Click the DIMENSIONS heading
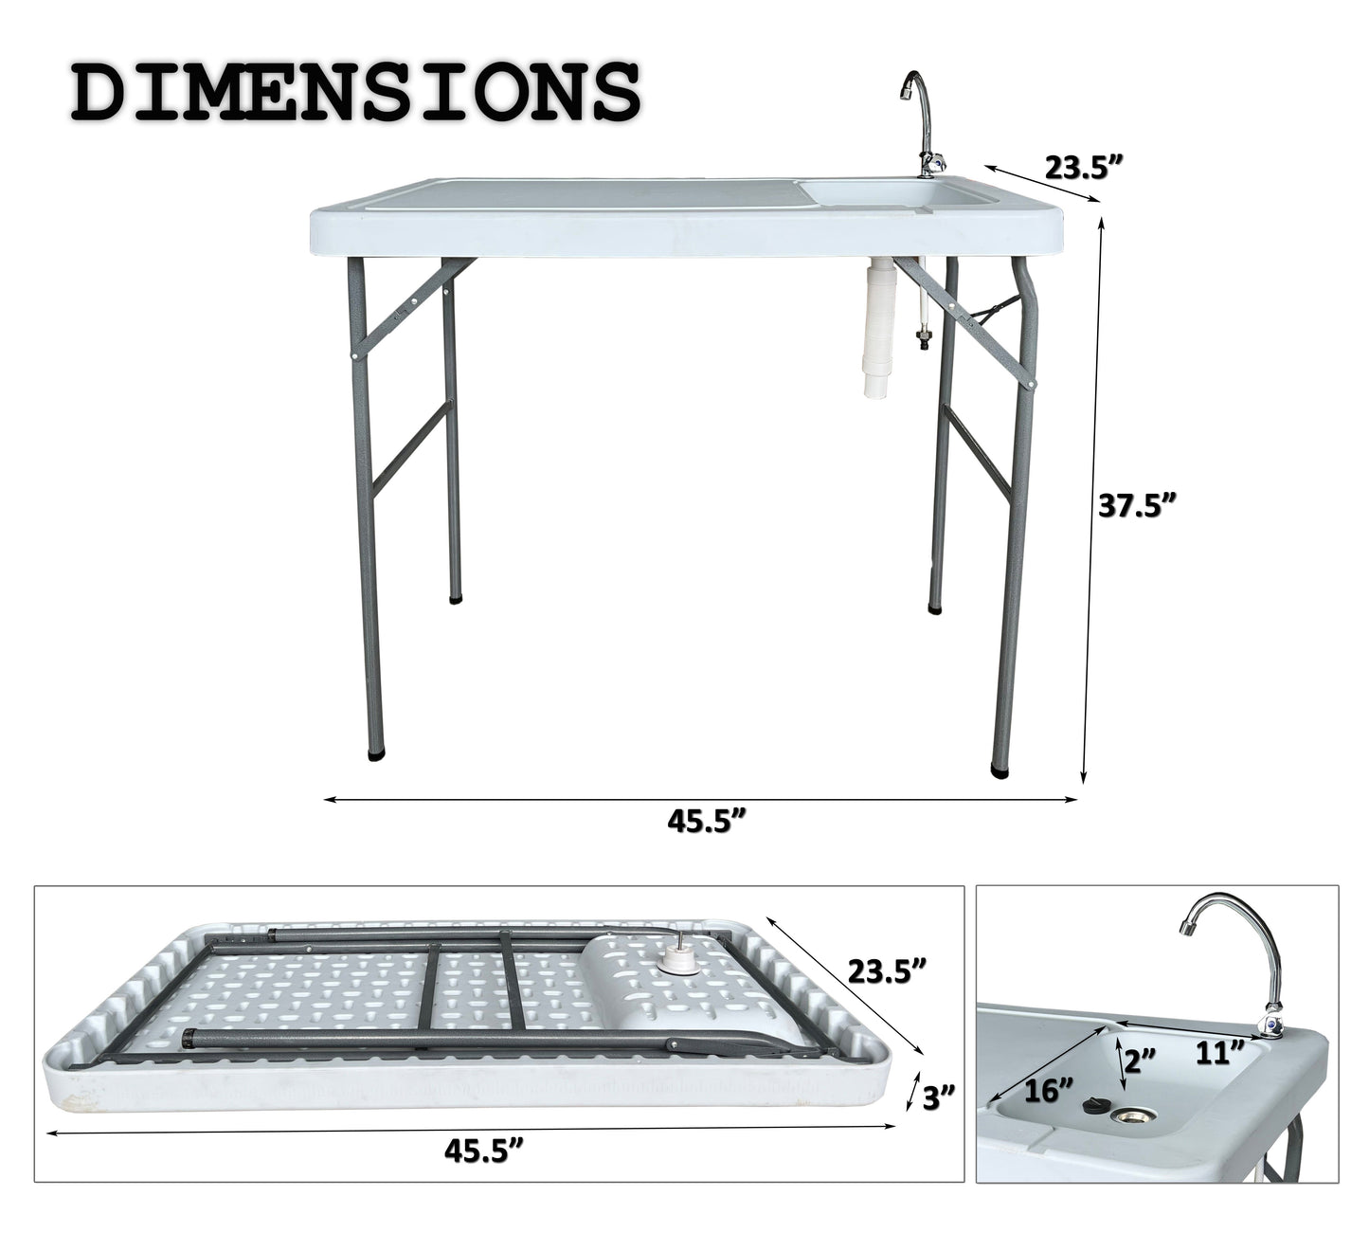356,94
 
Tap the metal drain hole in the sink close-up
1131,1119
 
